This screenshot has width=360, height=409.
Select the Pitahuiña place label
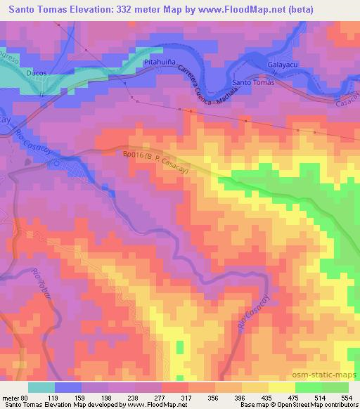point(159,63)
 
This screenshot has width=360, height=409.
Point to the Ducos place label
point(35,72)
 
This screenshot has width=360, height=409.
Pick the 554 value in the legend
point(345,398)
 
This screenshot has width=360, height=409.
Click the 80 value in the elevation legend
point(26,398)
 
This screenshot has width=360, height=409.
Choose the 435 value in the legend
point(266,398)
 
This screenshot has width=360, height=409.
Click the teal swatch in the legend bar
point(41,387)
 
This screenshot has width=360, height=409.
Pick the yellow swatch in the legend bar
point(281,387)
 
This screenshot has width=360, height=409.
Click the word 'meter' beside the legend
point(11,398)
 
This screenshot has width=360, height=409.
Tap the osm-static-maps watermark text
point(329,374)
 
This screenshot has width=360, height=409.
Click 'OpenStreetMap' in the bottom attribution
point(305,405)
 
